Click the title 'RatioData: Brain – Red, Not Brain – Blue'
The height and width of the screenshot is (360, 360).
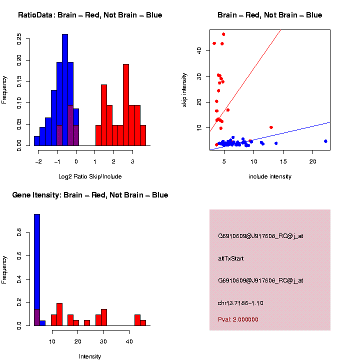90,15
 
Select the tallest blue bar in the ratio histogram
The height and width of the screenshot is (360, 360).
65,90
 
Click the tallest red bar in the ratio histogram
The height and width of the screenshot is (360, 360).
126,105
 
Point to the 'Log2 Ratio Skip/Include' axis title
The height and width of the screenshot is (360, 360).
90,176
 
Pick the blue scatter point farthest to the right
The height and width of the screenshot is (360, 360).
325,141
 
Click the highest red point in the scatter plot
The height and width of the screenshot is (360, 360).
223,34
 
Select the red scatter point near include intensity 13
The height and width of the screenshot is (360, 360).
271,127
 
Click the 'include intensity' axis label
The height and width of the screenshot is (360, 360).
269,176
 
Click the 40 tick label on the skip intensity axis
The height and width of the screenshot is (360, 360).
198,50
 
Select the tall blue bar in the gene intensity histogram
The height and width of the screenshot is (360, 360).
37,270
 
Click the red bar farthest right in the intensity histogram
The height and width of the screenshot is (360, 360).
143,322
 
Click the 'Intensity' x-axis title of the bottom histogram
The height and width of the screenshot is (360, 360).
90,356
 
